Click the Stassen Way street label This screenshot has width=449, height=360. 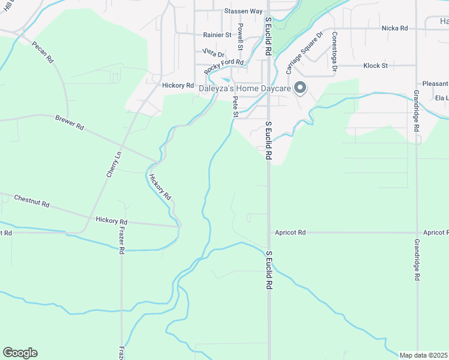[x=244, y=11]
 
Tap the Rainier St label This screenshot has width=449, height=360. [x=217, y=35]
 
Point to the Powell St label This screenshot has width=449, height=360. [x=240, y=37]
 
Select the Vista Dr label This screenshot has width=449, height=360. [x=213, y=53]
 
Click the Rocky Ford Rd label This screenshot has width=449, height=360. [x=224, y=66]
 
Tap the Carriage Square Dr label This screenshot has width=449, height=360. [x=304, y=53]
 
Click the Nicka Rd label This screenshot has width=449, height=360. [x=394, y=28]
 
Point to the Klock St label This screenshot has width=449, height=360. [x=376, y=65]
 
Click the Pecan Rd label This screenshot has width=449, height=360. [x=43, y=53]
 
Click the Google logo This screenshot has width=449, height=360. [x=20, y=353]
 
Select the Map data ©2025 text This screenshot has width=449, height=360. [x=424, y=355]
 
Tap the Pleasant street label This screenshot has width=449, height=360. [x=435, y=84]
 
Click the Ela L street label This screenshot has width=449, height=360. [x=441, y=98]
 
